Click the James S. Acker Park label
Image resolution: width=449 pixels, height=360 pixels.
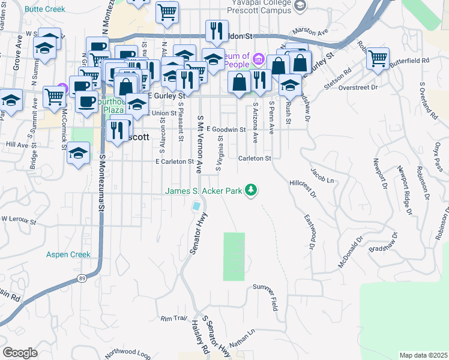coord(204,191)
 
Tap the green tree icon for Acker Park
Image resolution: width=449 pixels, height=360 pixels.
coord(252,191)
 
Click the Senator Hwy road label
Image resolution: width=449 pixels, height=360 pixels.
coord(200,233)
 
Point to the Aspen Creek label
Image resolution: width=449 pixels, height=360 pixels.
coord(68,255)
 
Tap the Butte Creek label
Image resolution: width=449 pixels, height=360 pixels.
coord(45,10)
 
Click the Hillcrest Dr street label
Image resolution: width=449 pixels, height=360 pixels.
coord(303,187)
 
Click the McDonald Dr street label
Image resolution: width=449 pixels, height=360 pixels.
coord(351,251)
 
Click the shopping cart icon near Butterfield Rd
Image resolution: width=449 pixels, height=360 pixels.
coord(377,59)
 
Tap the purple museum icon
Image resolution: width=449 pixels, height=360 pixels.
coord(259,59)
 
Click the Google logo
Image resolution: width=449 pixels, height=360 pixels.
coord(20,353)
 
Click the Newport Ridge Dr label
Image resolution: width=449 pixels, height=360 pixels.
coord(403,189)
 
